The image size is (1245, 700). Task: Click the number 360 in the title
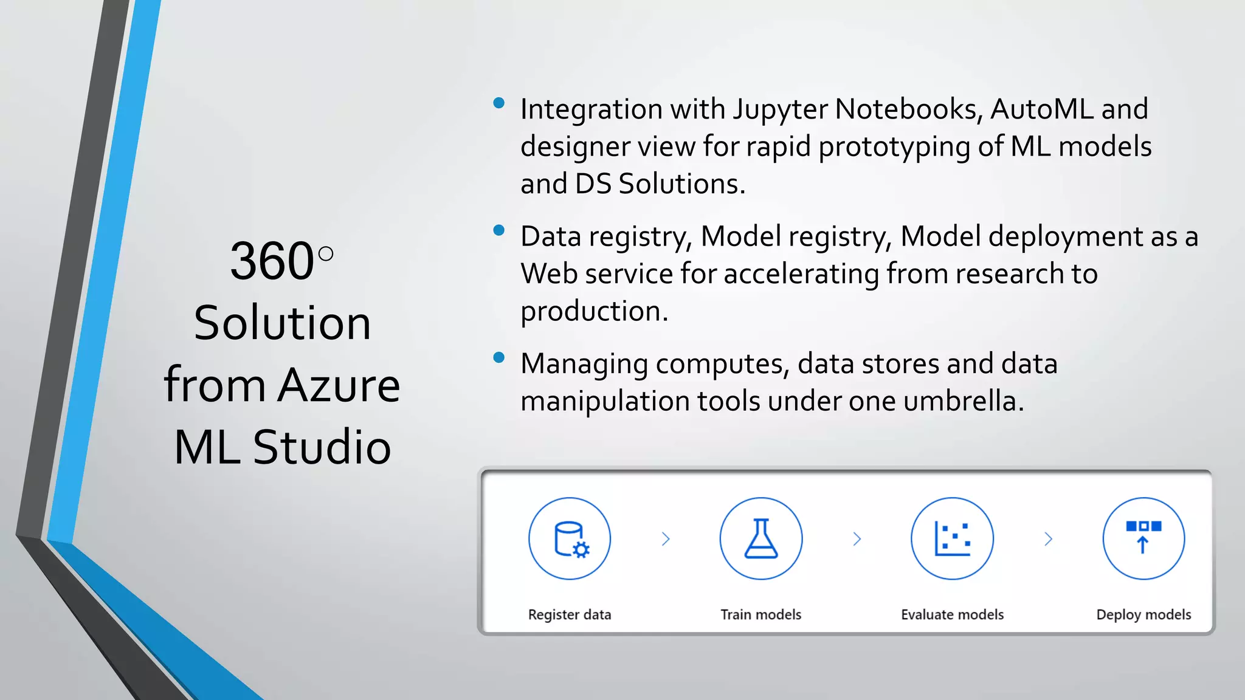tap(272, 261)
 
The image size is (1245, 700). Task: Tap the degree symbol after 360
tap(326, 253)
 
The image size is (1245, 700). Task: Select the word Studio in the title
tap(322, 447)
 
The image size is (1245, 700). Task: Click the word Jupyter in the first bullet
tap(779, 110)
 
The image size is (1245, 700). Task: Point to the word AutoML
tap(1041, 109)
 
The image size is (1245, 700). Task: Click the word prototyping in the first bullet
tap(894, 148)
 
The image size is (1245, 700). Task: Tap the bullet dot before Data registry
tap(499, 230)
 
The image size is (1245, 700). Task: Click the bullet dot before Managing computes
tap(499, 357)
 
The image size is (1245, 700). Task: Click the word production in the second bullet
tap(593, 312)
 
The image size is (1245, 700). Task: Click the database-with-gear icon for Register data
tap(570, 539)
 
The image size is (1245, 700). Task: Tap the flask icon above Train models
tap(761, 539)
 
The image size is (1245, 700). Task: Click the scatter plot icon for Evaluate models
tap(952, 539)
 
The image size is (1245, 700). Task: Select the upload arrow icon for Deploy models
tap(1143, 538)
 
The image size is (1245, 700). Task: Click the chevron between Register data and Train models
tap(666, 539)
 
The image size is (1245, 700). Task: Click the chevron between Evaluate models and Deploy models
tap(1048, 539)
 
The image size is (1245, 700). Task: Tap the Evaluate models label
tap(952, 614)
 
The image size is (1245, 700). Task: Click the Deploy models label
tap(1143, 614)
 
